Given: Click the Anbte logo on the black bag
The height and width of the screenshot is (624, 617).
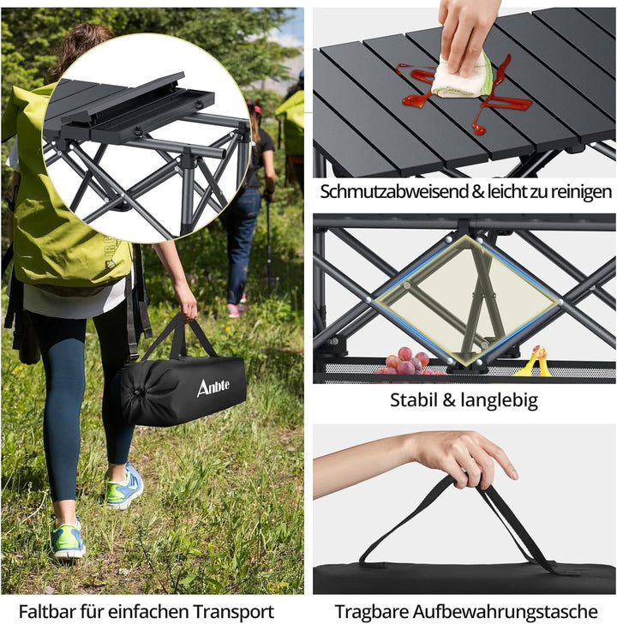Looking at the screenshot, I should coord(213,388).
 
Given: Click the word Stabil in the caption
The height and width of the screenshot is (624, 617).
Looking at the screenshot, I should coord(419,399).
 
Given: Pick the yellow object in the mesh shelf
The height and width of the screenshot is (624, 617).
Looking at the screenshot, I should coord(534,363).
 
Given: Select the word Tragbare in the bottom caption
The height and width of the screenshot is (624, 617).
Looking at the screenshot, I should coord(371,611).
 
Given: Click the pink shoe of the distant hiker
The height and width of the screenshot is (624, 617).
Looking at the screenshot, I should coord(235,309).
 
